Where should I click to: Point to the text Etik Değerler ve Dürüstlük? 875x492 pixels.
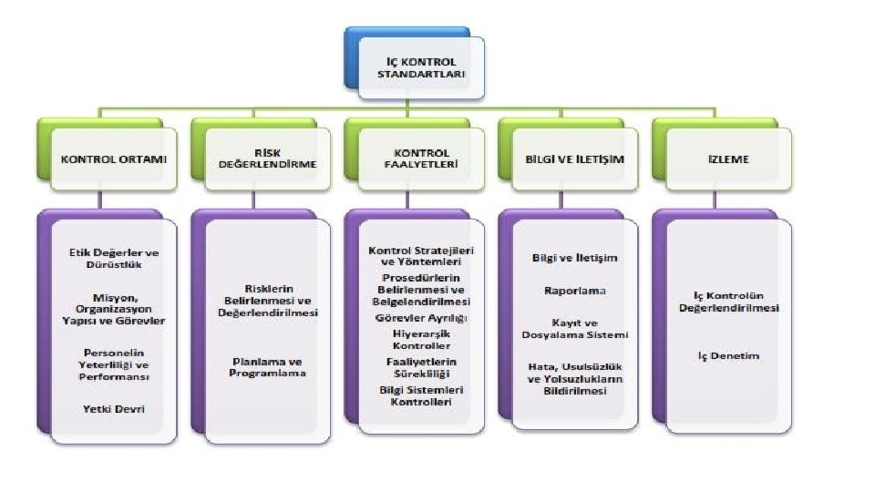click(x=114, y=258)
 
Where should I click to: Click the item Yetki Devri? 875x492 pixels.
click(x=114, y=409)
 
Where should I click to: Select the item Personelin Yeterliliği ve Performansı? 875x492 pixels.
click(x=114, y=364)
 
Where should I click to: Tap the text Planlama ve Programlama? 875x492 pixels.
click(x=267, y=366)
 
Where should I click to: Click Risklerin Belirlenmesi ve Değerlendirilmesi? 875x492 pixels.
click(x=267, y=301)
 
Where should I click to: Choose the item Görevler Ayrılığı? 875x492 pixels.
click(x=421, y=318)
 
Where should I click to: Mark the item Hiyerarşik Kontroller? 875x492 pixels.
click(x=421, y=340)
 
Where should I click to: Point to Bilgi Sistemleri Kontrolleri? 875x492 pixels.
click(x=421, y=395)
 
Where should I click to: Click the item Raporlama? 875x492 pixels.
click(x=575, y=291)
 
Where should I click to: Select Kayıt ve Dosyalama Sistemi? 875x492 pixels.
click(x=575, y=328)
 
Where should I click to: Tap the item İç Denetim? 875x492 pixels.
click(x=728, y=355)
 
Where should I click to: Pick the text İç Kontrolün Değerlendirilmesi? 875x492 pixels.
click(x=728, y=302)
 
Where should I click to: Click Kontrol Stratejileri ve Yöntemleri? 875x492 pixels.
click(x=421, y=255)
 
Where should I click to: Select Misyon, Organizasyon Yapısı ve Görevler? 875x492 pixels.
click(x=114, y=309)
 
